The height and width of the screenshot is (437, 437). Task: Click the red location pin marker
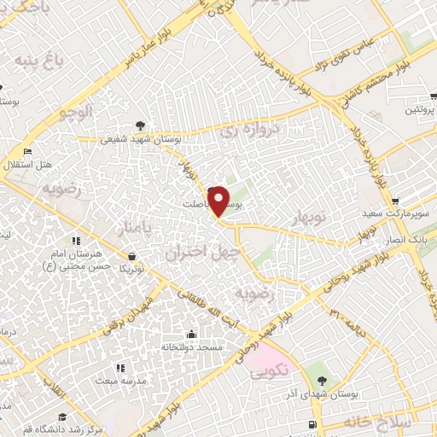(218, 201)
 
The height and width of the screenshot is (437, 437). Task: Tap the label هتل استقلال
(35, 164)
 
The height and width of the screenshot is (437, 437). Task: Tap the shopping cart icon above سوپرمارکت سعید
(394, 202)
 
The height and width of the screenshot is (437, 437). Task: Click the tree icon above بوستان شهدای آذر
(321, 380)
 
